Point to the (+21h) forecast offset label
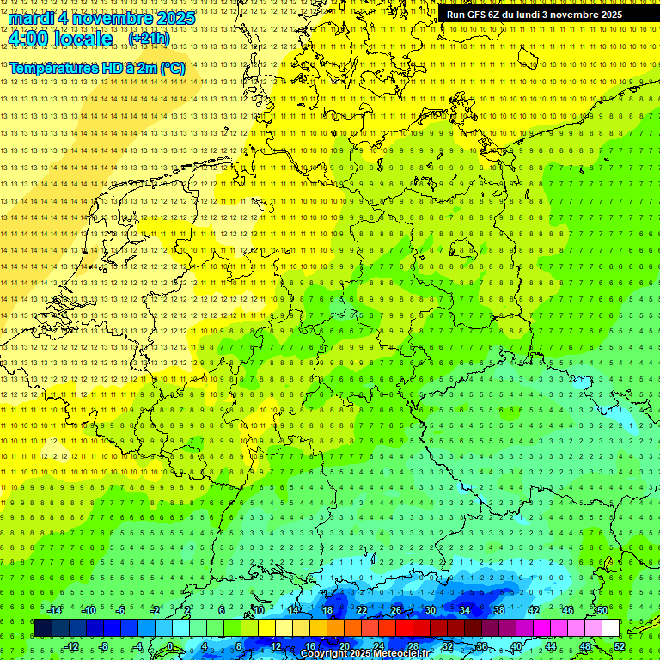click(x=149, y=39)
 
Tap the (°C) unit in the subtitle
click(x=172, y=67)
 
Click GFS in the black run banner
click(x=480, y=15)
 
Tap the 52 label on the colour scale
click(x=620, y=646)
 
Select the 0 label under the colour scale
click(x=170, y=646)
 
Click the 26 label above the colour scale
click(x=396, y=610)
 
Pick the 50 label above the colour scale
click(x=602, y=610)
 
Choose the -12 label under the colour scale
click(x=72, y=646)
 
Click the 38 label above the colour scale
click(x=499, y=610)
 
